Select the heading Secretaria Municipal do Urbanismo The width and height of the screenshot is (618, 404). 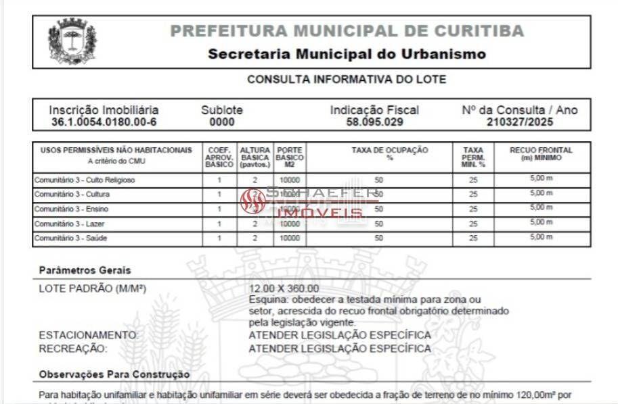pos(347,54)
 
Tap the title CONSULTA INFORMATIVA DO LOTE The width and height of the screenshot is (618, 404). pos(347,79)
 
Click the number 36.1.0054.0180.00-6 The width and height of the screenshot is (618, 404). pos(104,122)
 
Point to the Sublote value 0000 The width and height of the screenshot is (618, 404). pos(222,122)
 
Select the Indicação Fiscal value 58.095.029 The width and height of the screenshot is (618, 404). pos(374,122)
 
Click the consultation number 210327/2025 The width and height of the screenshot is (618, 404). pos(520,122)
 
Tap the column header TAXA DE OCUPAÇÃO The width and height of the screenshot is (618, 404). pos(380,151)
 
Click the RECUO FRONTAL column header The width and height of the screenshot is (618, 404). pos(541,151)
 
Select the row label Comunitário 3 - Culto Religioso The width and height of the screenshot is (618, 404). pos(85,180)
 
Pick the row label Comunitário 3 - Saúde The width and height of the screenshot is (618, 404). pos(70,238)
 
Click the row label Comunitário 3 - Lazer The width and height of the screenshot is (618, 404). pos(70,224)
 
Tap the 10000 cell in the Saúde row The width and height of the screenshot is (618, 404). pos(289,238)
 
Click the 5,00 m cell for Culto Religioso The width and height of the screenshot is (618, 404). pos(541,179)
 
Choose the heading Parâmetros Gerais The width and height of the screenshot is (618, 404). pos(85,270)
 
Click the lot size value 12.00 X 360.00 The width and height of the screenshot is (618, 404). pos(284,289)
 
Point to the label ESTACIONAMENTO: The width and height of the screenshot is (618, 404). pos(89,335)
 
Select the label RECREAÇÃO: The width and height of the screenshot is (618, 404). pos(73,349)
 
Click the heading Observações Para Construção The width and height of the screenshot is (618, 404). pos(114,374)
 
